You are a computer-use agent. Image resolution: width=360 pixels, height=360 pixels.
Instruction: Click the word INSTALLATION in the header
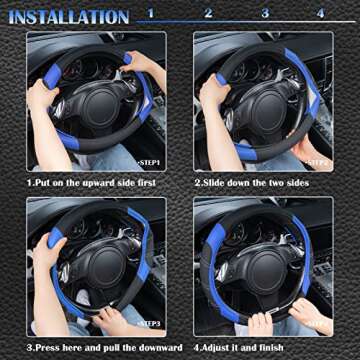click(69, 17)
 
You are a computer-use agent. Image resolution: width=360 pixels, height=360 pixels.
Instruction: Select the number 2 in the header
click(208, 14)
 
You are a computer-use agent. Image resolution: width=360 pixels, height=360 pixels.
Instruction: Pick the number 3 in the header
click(265, 14)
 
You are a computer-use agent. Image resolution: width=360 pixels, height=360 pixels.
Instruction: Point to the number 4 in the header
click(320, 14)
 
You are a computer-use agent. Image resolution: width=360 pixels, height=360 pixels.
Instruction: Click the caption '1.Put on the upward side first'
click(91, 183)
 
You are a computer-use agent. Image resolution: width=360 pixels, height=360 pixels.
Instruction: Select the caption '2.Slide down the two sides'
click(250, 183)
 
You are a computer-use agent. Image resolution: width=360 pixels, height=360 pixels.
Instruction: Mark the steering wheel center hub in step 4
click(262, 268)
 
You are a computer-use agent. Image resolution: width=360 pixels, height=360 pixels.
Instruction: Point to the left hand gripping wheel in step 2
click(213, 92)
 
